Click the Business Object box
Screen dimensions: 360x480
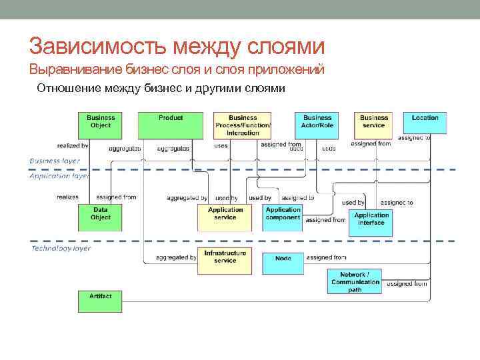101,123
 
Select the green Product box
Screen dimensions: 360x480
171,123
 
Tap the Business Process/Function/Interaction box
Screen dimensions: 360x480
243,125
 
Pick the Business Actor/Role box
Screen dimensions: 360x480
317,123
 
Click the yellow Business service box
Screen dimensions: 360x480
374,123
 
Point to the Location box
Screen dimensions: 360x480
425,123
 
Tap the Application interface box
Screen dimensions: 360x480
371,223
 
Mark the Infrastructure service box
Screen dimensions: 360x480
225,261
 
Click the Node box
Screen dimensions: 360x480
283,259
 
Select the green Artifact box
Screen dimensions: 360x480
101,300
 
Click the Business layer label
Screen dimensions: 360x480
55,161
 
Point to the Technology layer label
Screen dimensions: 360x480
61,249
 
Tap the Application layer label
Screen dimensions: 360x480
59,177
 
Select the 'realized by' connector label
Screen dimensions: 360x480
72,145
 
